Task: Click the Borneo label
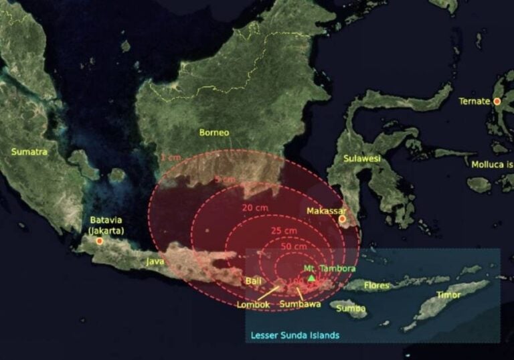pyautogui.click(x=213, y=132)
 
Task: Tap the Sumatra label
pyautogui.click(x=29, y=152)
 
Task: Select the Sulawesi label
pyautogui.click(x=361, y=159)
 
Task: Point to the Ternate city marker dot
pyautogui.click(x=497, y=102)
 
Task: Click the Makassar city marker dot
pyautogui.click(x=342, y=219)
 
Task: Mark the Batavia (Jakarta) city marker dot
pyautogui.click(x=100, y=241)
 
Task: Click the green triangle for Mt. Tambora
pyautogui.click(x=311, y=277)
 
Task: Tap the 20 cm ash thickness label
pyautogui.click(x=256, y=208)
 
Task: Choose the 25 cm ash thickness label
pyautogui.click(x=284, y=231)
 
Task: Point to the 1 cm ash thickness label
pyautogui.click(x=171, y=157)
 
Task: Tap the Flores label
pyautogui.click(x=376, y=286)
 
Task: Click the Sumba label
pyautogui.click(x=351, y=308)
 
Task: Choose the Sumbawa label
pyautogui.click(x=301, y=304)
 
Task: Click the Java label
pyautogui.click(x=155, y=263)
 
